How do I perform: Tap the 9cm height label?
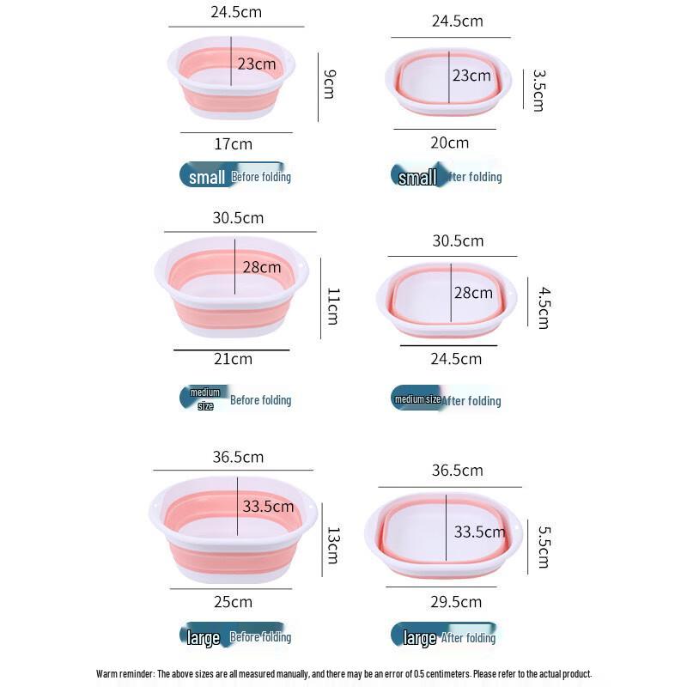pyautogui.click(x=328, y=85)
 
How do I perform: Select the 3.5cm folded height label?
pyautogui.click(x=538, y=90)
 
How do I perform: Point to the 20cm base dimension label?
pyautogui.click(x=448, y=143)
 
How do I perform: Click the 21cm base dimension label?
pyautogui.click(x=234, y=359)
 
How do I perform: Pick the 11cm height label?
pyautogui.click(x=332, y=306)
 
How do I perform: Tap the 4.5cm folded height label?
pyautogui.click(x=543, y=308)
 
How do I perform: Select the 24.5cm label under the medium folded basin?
pyautogui.click(x=456, y=358)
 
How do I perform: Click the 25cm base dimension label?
pyautogui.click(x=234, y=602)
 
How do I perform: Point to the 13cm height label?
pyautogui.click(x=332, y=546)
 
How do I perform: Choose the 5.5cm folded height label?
pyautogui.click(x=543, y=547)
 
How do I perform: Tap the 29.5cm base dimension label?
pyautogui.click(x=456, y=601)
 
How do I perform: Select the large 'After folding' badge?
pyautogui.click(x=443, y=637)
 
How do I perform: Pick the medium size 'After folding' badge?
pyautogui.click(x=447, y=400)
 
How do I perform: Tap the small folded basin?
pyautogui.click(x=448, y=82)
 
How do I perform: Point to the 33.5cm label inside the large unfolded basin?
pyautogui.click(x=268, y=507)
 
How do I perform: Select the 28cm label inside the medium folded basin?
pyautogui.click(x=473, y=293)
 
